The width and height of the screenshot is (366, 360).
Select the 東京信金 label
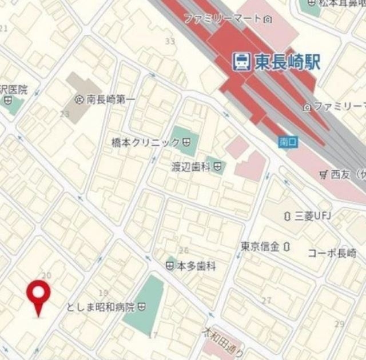pyautogui.click(x=260, y=247)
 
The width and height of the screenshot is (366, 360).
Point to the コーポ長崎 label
pyautogui.click(x=332, y=253)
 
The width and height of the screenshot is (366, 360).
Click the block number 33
pyautogui.click(x=169, y=41)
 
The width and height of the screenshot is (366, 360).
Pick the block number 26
pyautogui.click(x=184, y=250)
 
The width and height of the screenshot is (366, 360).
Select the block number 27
pyautogui.click(x=266, y=300)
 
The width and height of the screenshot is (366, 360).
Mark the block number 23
pyautogui.click(x=65, y=114)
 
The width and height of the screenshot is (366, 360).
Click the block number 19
pyautogui.click(x=104, y=293)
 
